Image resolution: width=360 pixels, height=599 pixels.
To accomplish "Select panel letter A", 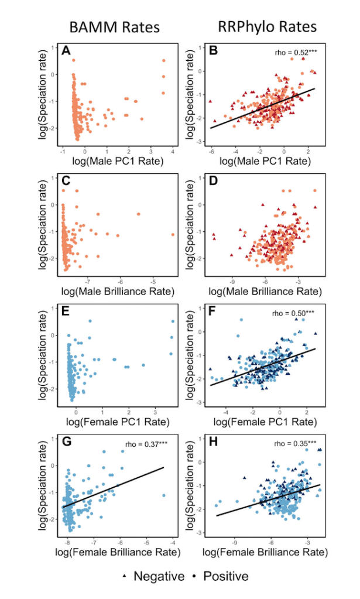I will point(67,52).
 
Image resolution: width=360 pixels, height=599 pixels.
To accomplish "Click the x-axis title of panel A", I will point(116,160).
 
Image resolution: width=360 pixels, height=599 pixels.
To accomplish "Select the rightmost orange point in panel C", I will point(173,234).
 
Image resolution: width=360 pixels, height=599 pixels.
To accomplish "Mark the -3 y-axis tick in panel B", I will point(200,142).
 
